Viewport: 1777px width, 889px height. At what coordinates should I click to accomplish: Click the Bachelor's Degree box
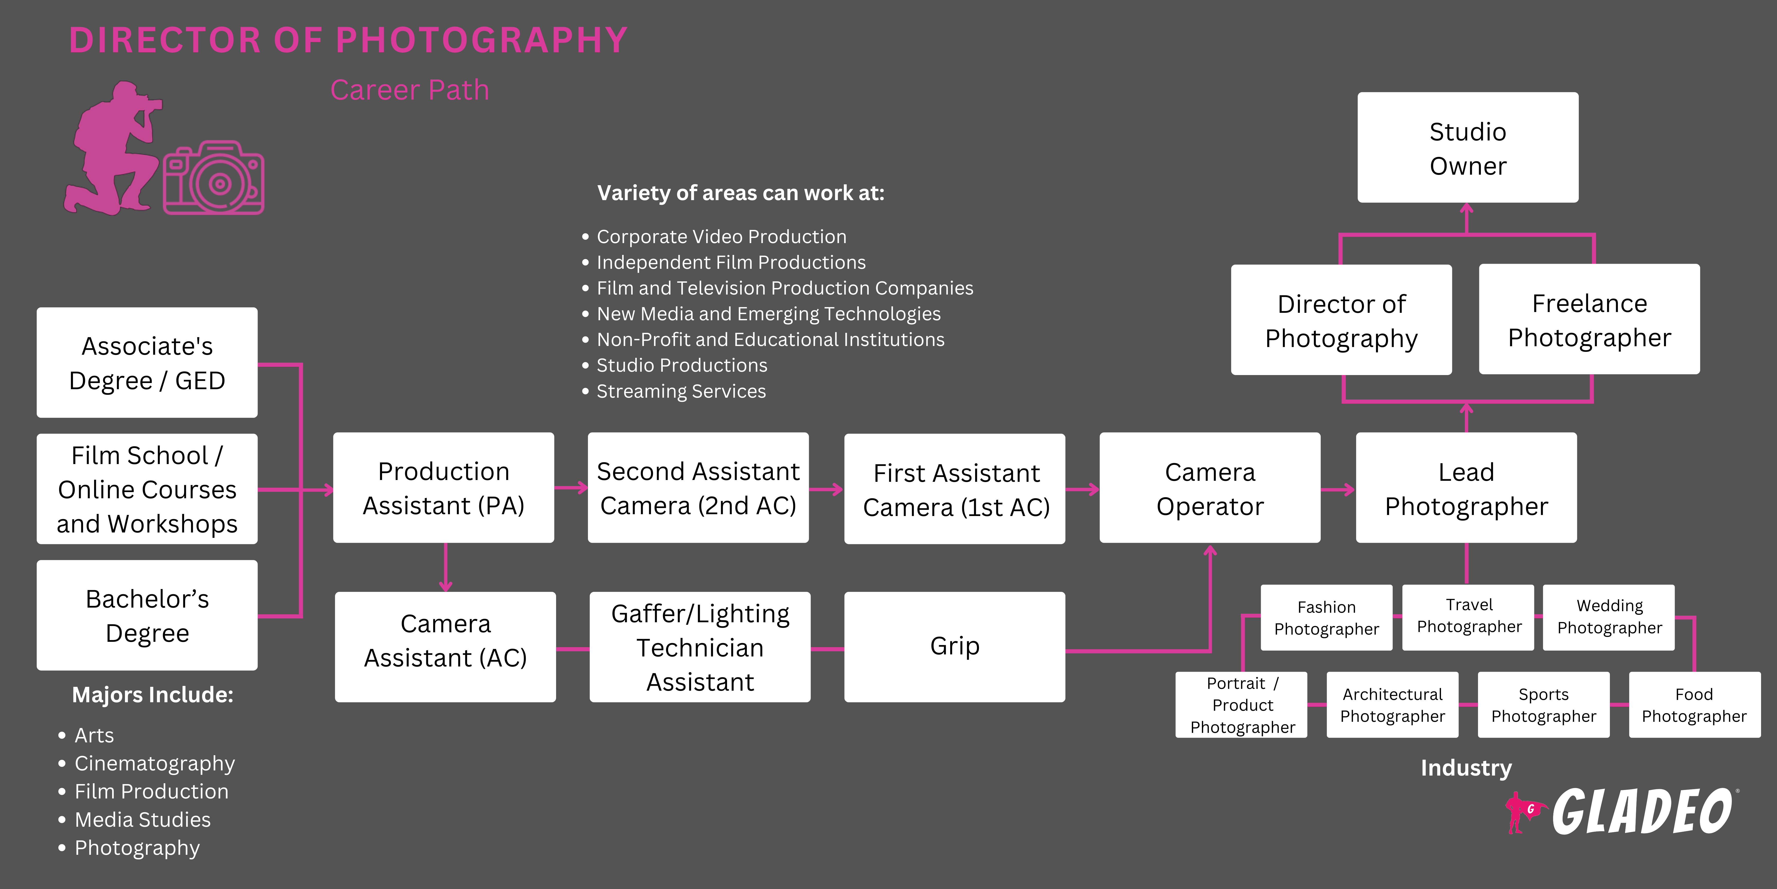(x=147, y=615)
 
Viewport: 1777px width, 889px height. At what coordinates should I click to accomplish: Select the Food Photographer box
(x=1694, y=705)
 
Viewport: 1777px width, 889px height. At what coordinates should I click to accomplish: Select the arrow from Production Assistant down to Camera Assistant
(x=446, y=567)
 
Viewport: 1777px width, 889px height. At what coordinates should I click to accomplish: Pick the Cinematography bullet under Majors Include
(x=155, y=763)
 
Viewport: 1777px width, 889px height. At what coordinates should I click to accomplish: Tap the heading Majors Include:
(x=152, y=694)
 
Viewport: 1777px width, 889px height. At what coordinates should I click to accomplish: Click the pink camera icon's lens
(x=219, y=183)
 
